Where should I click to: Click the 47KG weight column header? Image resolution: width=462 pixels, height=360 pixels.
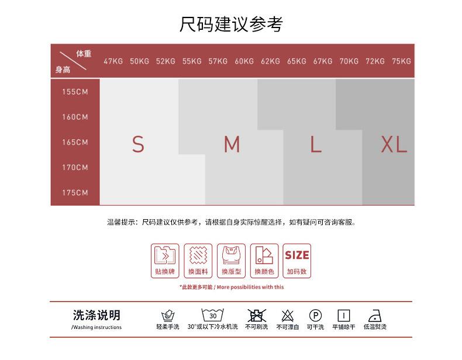tap(113, 61)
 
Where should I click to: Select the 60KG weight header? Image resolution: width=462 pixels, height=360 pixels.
tap(244, 61)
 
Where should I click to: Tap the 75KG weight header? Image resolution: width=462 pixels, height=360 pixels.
tap(401, 61)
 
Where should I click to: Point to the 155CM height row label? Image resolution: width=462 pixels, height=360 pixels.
tap(75, 92)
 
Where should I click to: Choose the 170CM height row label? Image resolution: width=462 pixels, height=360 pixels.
tap(75, 168)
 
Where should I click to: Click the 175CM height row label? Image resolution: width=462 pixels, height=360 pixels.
tap(75, 193)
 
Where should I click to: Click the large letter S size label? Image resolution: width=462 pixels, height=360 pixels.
tap(138, 144)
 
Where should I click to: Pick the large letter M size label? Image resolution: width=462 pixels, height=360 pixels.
tap(232, 144)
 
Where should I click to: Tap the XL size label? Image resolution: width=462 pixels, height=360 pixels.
tap(394, 144)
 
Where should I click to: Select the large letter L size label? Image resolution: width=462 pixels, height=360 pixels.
tap(316, 144)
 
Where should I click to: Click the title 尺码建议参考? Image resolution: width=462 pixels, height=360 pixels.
tap(231, 25)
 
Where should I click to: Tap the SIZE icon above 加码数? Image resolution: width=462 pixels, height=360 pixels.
tap(297, 255)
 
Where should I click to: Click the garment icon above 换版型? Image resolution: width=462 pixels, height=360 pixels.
tap(231, 255)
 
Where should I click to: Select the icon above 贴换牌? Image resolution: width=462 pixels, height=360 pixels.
tap(165, 255)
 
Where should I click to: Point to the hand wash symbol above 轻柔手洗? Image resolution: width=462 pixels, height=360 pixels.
tap(168, 316)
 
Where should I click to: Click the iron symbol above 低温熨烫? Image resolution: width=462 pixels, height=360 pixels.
tap(375, 316)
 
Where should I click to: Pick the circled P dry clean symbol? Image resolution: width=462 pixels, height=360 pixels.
tap(315, 316)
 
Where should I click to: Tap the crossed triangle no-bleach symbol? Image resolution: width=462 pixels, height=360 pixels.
tap(287, 316)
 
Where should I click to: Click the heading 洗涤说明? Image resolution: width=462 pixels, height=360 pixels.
tap(96, 316)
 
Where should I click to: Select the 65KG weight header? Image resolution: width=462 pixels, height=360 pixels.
tap(296, 61)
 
